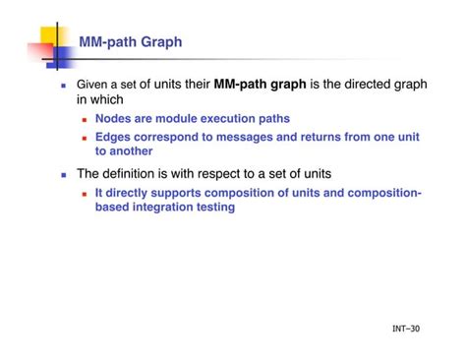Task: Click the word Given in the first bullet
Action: coord(95,86)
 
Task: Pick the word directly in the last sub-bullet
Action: coord(129,194)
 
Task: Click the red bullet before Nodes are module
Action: coord(86,119)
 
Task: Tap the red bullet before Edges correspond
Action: coord(86,138)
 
